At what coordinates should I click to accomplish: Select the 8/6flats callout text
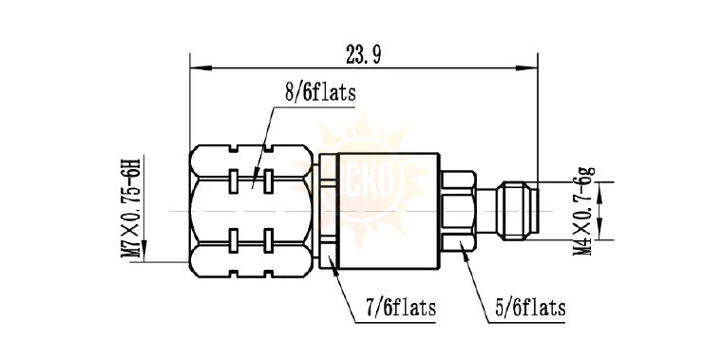[x=320, y=93]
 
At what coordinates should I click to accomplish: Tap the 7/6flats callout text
[x=401, y=308]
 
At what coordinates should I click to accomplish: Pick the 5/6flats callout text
[x=531, y=308]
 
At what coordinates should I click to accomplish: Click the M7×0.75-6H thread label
[x=130, y=208]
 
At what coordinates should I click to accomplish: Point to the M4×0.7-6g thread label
[x=584, y=212]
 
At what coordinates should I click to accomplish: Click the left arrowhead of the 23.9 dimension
[x=201, y=68]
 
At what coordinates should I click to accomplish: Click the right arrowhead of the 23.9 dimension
[x=526, y=68]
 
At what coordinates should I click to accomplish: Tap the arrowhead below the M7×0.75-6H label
[x=144, y=251]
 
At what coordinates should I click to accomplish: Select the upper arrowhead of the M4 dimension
[x=599, y=193]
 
